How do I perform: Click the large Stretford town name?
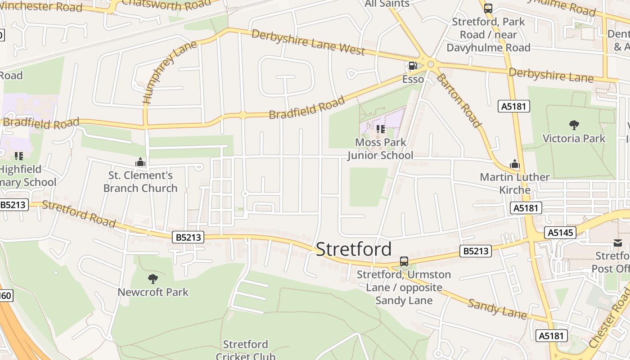[x=354, y=249]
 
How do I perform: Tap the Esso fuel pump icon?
[x=412, y=66]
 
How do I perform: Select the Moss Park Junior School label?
[x=380, y=149]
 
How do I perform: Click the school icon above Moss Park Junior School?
[x=381, y=130]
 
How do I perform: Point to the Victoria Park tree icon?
[x=574, y=125]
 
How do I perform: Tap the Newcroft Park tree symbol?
[x=153, y=279]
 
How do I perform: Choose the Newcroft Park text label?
[x=153, y=292]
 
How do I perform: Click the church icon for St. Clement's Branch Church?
[x=140, y=162]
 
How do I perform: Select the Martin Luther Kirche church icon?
[x=514, y=164]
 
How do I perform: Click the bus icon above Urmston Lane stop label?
[x=404, y=261]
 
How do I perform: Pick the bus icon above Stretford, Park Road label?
[x=488, y=8]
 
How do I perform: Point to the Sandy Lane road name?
[x=497, y=309]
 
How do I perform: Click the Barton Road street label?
[x=458, y=100]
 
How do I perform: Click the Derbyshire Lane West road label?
[x=308, y=42]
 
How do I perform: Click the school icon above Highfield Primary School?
[x=19, y=156]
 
